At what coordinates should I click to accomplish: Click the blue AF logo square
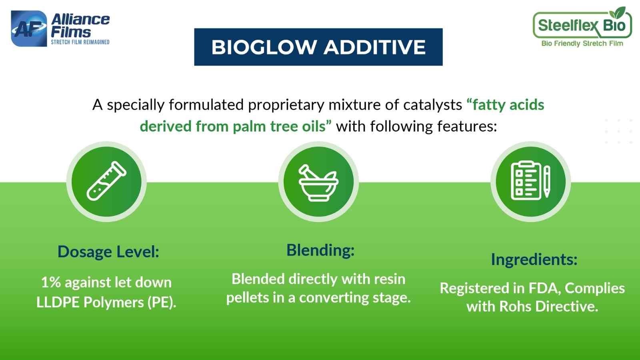pos(29,29)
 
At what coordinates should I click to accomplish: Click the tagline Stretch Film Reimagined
pos(80,42)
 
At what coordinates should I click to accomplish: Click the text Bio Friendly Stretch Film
pos(582,43)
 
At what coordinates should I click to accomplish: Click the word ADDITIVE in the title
pos(374,47)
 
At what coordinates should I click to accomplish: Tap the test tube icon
pos(106,181)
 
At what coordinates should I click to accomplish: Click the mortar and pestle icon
pos(318,182)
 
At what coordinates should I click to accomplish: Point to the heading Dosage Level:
pos(108,252)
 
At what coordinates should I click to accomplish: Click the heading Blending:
pos(320,250)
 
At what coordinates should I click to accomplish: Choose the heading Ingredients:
pos(534,259)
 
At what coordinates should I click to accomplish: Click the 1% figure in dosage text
pos(51,282)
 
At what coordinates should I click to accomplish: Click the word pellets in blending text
pos(249,298)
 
